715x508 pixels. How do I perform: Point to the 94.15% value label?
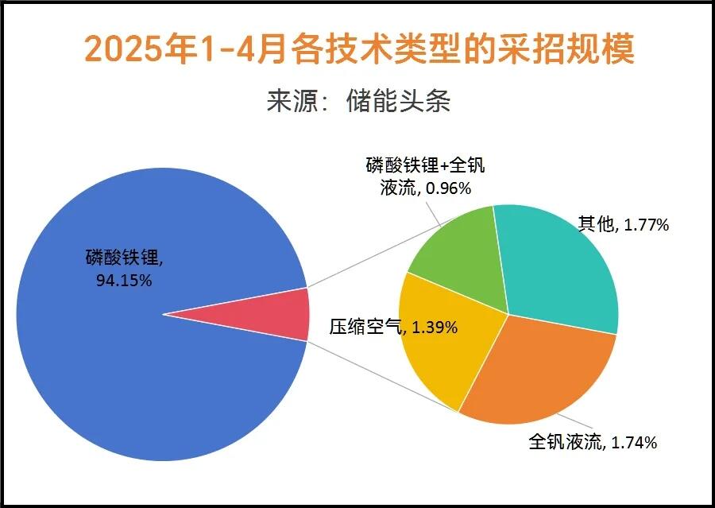(124, 281)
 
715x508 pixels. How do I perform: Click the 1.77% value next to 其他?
(646, 225)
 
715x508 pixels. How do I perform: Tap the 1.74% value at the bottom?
(634, 442)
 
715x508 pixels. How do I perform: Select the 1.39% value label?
(435, 328)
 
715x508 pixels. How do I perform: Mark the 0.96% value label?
(448, 188)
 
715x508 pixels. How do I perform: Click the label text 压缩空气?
(365, 327)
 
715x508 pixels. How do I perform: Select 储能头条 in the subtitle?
(398, 101)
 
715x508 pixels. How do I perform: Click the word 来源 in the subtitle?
(292, 101)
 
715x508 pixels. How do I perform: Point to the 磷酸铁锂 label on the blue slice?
(122, 258)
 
